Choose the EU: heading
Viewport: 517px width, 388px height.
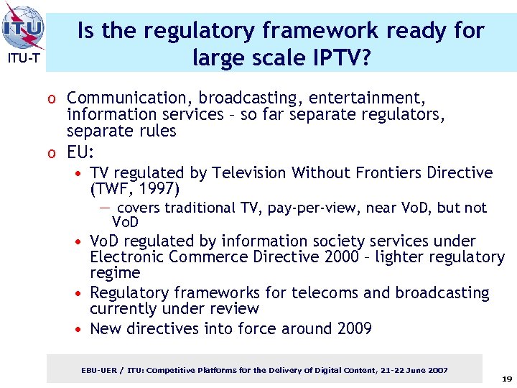[x=81, y=152]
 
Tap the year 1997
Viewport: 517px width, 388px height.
[x=159, y=189]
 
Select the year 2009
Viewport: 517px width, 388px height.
[x=354, y=329]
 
